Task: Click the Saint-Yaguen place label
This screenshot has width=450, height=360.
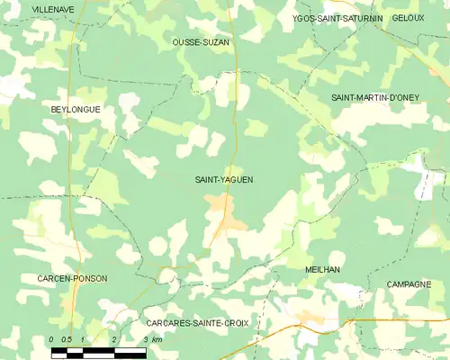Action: click(224, 180)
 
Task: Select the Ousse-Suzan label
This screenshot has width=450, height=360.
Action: click(202, 42)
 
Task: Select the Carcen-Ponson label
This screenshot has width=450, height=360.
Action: click(72, 279)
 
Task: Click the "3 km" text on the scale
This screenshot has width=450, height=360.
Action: click(153, 339)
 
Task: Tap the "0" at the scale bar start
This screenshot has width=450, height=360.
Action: click(52, 339)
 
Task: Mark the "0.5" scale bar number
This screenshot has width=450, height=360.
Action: click(67, 339)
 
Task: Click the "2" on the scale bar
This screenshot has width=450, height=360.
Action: click(114, 339)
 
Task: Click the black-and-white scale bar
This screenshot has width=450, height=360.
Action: click(98, 352)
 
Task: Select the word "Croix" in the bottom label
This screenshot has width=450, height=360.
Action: click(232, 321)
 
